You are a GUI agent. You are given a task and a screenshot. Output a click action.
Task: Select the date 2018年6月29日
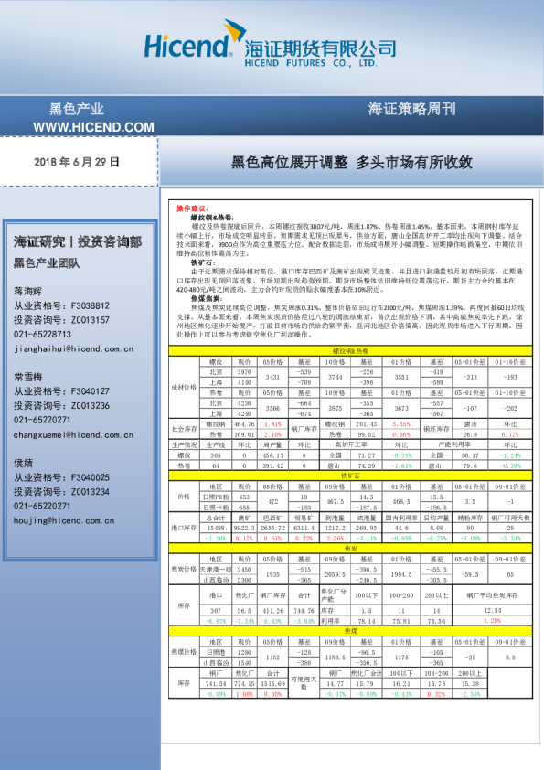pos(77,162)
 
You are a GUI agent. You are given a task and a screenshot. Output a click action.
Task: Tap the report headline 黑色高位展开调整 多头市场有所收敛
pos(351,162)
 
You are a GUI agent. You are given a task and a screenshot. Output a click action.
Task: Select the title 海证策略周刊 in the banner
pos(411,108)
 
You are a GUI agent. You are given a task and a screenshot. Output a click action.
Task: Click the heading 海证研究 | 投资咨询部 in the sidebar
pos(78,242)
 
